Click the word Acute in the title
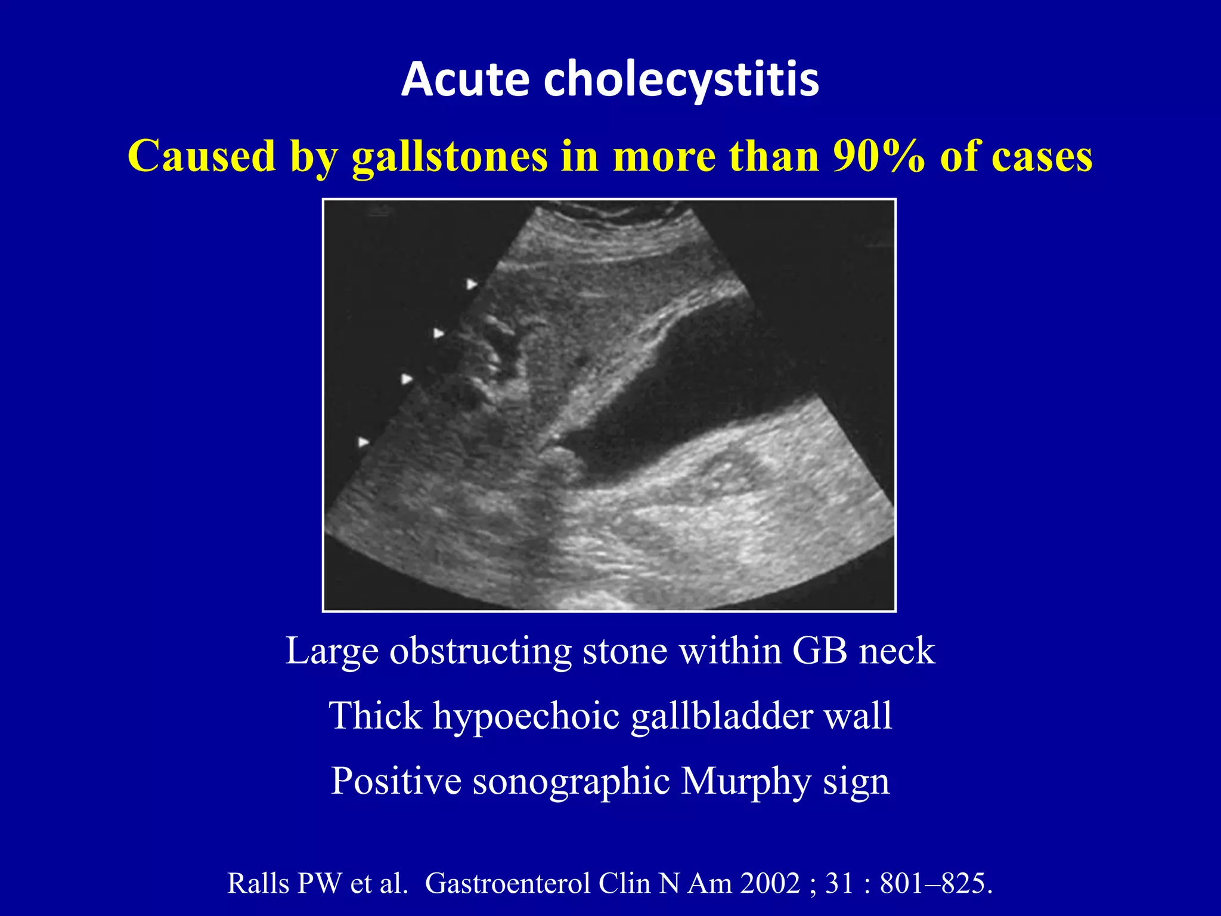[x=465, y=79]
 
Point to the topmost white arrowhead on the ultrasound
[x=472, y=284]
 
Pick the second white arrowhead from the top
[x=439, y=333]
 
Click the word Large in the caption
[x=331, y=651]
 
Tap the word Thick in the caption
[x=375, y=716]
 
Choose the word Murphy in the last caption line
[x=746, y=781]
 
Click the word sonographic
[x=571, y=781]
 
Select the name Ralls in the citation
[x=257, y=883]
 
